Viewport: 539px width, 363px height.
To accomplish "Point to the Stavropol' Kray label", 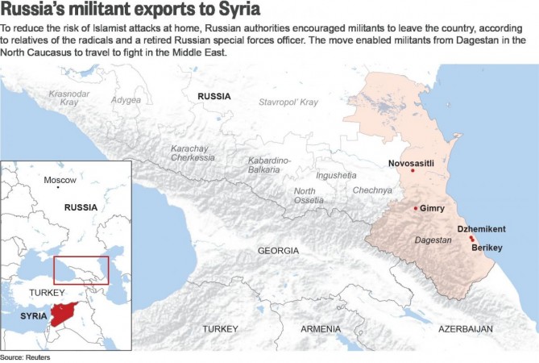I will (288, 102).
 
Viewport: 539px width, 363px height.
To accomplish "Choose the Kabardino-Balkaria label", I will (269, 165).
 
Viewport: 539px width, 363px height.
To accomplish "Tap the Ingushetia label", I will (336, 175).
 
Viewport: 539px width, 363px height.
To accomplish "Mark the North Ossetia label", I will (309, 194).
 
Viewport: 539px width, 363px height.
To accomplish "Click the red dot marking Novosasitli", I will (413, 171).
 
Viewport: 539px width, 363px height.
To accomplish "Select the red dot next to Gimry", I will (416, 209).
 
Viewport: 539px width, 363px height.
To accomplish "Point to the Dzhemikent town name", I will (481, 229).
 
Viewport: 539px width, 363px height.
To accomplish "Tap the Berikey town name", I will (487, 248).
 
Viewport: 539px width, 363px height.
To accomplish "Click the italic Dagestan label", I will (432, 240).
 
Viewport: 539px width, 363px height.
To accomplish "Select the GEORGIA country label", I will (278, 251).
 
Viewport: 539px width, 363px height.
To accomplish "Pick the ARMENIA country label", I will (321, 329).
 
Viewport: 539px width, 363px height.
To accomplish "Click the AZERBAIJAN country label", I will (465, 329).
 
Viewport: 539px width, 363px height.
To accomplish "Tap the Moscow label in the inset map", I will (60, 179).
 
